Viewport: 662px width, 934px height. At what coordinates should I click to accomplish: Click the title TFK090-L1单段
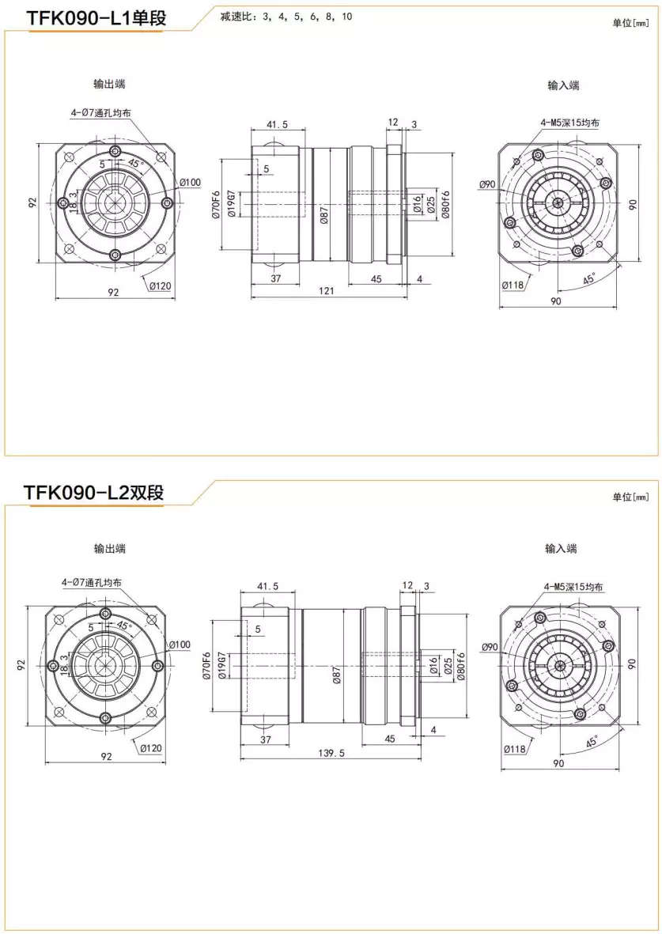96,17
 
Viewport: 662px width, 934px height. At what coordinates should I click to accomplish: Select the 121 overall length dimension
327,291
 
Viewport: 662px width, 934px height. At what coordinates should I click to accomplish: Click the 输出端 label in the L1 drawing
109,84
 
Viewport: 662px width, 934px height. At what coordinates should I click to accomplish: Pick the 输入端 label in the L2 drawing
561,548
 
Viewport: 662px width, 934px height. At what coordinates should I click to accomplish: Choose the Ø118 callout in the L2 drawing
515,748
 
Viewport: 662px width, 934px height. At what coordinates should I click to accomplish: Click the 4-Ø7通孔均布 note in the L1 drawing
100,113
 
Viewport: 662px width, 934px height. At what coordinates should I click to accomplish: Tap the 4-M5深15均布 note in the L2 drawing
573,587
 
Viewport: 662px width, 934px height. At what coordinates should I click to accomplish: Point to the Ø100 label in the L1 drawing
190,183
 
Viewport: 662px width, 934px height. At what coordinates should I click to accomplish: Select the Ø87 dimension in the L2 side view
337,675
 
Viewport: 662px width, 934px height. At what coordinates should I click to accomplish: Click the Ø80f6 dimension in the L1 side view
446,205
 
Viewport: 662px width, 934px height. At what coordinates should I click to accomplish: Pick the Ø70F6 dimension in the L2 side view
207,666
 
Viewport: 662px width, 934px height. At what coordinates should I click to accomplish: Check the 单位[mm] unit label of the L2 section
630,497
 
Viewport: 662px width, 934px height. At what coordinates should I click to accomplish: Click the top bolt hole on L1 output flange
115,150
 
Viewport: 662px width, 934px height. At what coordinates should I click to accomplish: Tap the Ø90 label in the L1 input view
487,184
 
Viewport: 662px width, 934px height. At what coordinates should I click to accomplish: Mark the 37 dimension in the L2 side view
267,739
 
